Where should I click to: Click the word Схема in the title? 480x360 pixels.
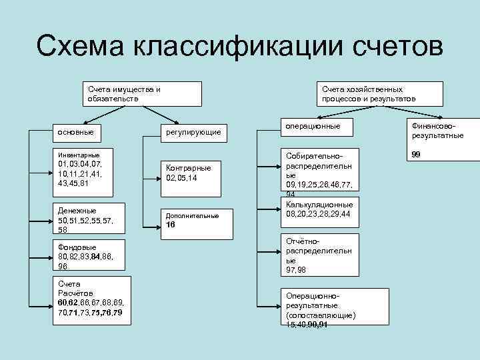tap(81, 49)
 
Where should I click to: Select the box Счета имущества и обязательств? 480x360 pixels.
tap(143, 94)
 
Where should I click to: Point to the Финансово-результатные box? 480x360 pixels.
tap(437, 131)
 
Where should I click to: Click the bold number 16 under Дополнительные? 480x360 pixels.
tap(170, 225)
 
